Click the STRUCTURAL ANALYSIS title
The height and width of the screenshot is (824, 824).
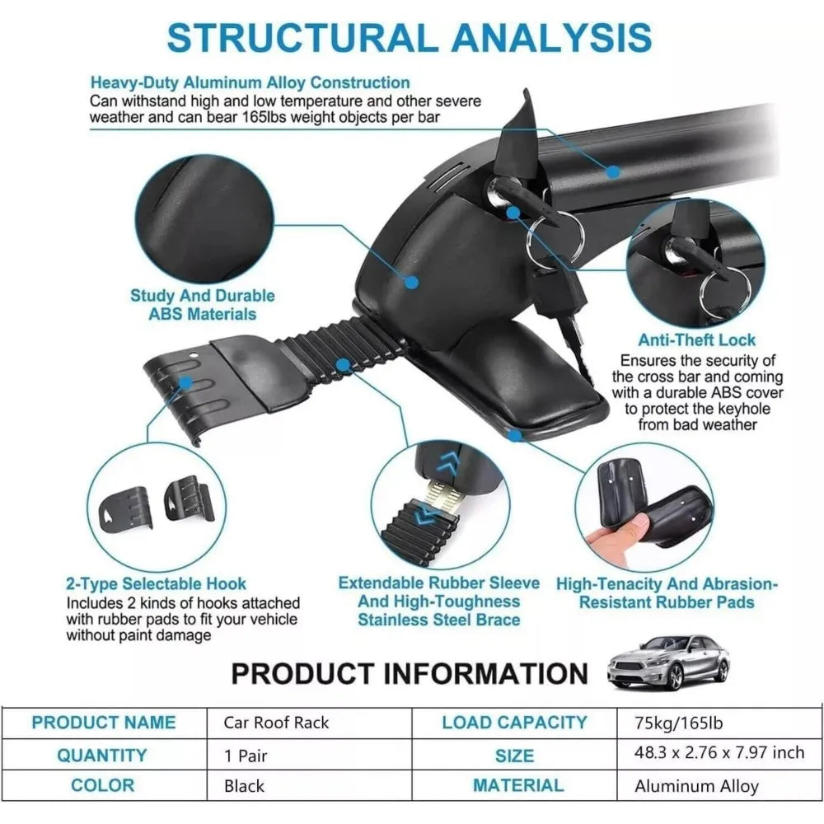coord(410,37)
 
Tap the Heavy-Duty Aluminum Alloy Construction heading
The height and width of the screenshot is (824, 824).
coord(250,82)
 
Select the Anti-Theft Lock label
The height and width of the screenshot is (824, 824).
coord(696,339)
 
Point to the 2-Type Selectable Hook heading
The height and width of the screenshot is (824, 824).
coord(156,584)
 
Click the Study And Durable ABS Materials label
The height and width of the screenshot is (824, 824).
coord(202,304)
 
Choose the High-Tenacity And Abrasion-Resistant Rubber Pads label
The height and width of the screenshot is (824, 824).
coord(666,592)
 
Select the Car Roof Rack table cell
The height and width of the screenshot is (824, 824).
coord(276,723)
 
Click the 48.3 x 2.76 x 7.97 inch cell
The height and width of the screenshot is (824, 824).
coord(719,754)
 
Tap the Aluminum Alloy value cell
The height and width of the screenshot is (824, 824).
coord(696,785)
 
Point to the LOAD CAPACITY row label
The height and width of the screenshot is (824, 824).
coord(514,723)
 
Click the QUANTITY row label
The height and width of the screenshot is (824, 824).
coord(102,755)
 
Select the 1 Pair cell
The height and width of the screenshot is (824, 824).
coord(246,755)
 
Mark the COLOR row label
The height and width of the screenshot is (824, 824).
coord(102,785)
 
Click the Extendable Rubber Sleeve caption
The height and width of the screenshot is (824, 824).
coord(438,601)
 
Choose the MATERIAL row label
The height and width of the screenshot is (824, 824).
coord(518,785)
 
